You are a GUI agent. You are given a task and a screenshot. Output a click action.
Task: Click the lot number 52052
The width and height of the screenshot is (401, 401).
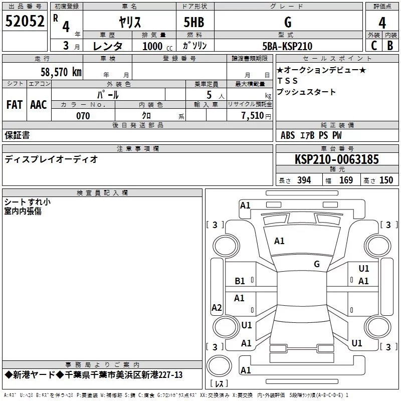tap(25, 21)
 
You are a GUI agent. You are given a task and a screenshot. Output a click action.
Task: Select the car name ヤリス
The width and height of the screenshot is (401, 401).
tap(130, 22)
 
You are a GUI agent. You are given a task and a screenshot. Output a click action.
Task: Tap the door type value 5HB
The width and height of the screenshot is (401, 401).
tap(194, 22)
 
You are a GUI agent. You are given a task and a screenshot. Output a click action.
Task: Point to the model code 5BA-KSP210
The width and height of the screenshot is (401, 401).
tap(287, 46)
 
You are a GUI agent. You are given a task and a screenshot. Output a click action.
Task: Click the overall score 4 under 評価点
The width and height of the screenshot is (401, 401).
tap(382, 23)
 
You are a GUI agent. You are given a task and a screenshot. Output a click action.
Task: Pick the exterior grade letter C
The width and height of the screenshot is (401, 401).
tap(374, 46)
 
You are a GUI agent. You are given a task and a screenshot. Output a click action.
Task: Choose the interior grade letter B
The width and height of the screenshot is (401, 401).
tap(390, 46)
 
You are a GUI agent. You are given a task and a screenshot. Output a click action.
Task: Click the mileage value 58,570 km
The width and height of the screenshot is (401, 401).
tap(61, 72)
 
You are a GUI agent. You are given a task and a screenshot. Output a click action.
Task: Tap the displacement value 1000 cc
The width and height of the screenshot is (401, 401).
tap(157, 46)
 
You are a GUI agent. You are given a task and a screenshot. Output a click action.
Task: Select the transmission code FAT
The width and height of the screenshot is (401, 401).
tap(15, 105)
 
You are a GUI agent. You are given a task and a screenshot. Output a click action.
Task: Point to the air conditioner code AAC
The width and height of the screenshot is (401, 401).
tap(39, 105)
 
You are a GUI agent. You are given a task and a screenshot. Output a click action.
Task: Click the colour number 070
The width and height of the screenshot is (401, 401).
tap(83, 116)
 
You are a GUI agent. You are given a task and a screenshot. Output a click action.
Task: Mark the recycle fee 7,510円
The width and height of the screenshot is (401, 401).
tap(256, 116)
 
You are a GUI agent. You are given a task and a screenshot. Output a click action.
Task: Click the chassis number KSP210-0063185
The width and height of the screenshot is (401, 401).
tap(337, 159)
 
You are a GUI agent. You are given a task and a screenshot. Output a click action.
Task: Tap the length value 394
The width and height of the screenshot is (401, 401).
tap(304, 180)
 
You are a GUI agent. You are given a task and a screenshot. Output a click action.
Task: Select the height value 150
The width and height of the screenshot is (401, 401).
tap(386, 180)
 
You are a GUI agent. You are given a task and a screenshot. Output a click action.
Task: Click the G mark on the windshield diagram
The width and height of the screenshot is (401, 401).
tap(317, 264)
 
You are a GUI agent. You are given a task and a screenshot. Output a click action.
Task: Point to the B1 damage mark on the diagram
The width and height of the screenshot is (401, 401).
tap(240, 281)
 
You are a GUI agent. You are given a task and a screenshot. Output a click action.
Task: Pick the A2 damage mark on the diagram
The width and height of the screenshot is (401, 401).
tap(217, 307)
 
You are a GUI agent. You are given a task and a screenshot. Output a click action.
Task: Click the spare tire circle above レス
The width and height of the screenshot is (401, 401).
tap(219, 365)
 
